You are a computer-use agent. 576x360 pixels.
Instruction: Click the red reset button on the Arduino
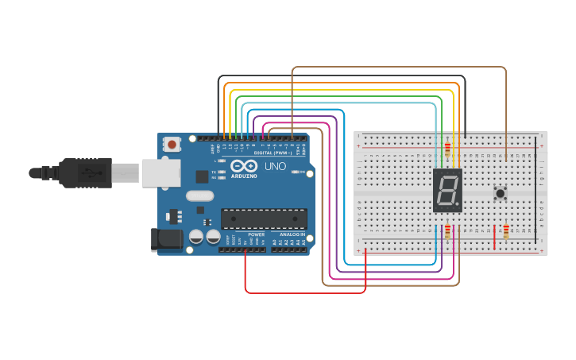point(172,145)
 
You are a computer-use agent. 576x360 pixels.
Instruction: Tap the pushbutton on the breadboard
point(501,192)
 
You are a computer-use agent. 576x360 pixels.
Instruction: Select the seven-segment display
point(447,191)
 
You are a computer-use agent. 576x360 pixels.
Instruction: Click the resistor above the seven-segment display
point(447,148)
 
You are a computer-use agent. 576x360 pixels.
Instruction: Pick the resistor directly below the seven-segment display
point(447,232)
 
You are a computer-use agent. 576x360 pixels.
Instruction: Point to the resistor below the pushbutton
point(506,231)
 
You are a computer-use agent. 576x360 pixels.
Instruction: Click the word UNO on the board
point(275,166)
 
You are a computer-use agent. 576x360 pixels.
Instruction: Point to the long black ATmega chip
point(264,218)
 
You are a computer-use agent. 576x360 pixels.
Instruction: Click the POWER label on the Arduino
point(256,234)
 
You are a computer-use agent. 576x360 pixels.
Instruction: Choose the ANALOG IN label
point(292,234)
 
